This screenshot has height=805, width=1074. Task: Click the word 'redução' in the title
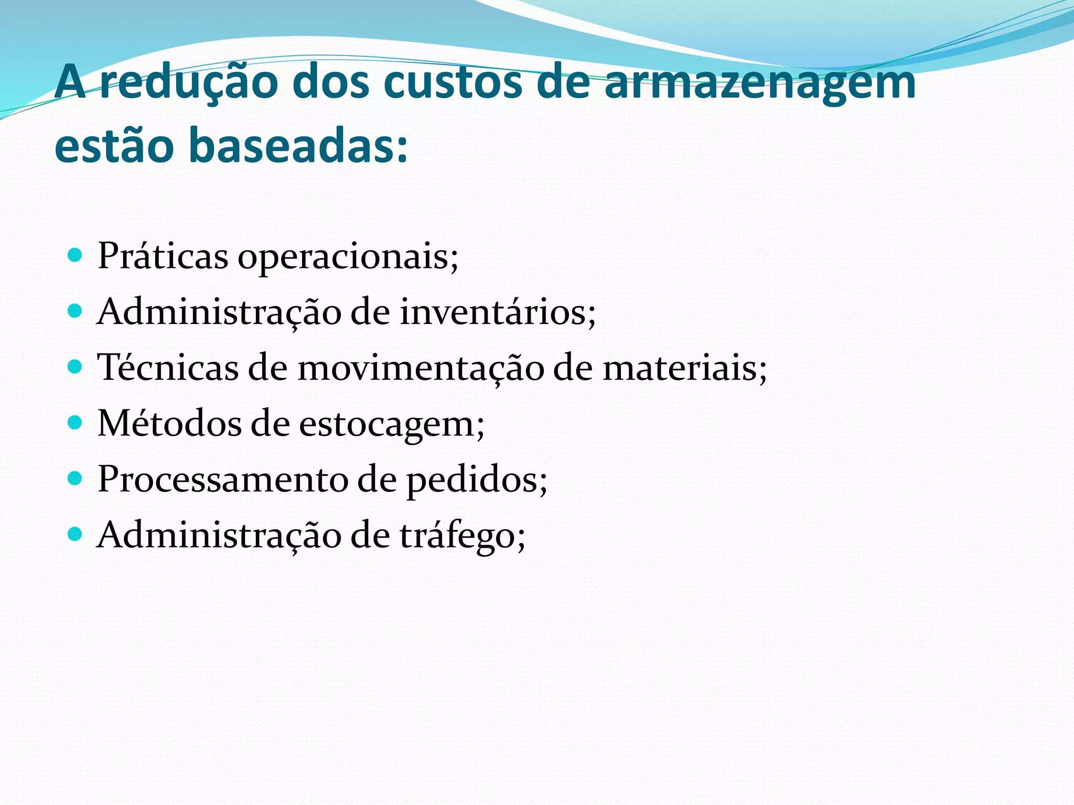189,83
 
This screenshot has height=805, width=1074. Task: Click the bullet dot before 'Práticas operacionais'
76,256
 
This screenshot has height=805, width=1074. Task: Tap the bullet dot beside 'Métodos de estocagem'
76,422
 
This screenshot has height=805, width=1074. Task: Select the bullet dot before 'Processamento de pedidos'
76,478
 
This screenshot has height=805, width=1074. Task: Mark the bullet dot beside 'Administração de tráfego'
76,534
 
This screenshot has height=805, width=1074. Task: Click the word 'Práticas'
163,256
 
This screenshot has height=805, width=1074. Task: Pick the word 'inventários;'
498,312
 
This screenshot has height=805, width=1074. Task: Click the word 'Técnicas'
168,367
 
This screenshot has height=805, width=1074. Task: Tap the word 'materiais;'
684,368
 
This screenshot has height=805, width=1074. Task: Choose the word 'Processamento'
222,479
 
